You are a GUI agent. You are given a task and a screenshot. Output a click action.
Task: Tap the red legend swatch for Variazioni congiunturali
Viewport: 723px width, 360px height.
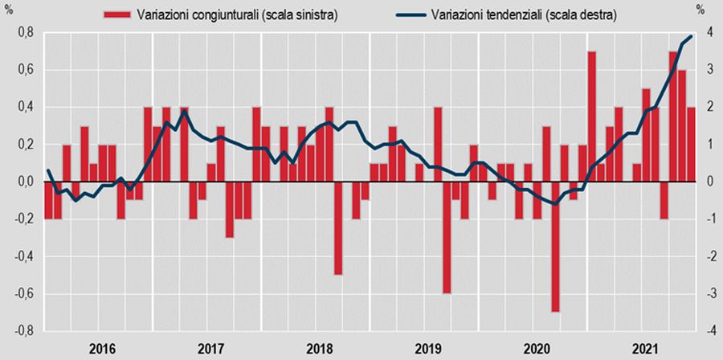pyautogui.click(x=117, y=14)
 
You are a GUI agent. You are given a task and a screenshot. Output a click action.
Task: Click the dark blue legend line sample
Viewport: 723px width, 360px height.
pyautogui.click(x=408, y=14)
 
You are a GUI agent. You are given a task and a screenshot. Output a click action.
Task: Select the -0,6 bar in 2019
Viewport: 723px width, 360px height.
pyautogui.click(x=447, y=238)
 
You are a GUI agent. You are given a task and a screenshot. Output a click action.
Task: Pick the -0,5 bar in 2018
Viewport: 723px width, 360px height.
pyautogui.click(x=338, y=228)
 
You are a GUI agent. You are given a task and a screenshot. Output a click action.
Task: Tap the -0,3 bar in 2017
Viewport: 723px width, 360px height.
pyautogui.click(x=230, y=210)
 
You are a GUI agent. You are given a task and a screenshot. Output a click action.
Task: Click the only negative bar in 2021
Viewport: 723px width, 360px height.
pyautogui.click(x=664, y=200)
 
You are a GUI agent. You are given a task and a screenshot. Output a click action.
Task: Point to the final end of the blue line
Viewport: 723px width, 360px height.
pyautogui.click(x=692, y=36)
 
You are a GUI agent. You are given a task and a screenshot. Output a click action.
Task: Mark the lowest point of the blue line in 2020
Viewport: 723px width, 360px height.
pyautogui.click(x=555, y=204)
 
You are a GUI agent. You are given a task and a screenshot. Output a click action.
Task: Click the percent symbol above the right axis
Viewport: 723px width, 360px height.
pyautogui.click(x=701, y=12)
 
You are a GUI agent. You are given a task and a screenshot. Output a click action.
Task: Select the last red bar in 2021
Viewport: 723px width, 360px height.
pyautogui.click(x=691, y=145)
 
